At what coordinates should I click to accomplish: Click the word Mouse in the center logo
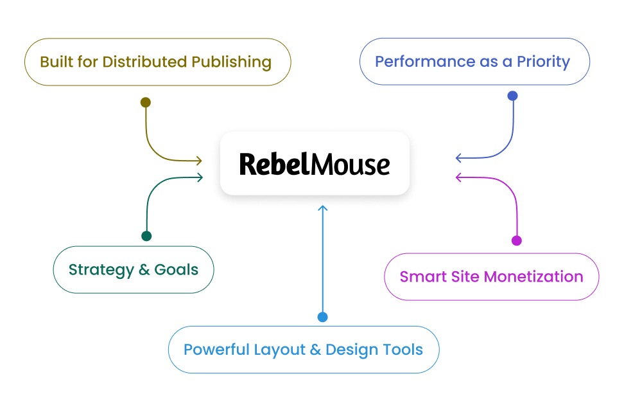[351, 164]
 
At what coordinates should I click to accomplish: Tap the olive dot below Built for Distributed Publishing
[146, 102]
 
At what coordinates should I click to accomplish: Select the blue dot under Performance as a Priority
[512, 96]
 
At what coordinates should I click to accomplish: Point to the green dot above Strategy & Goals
[146, 236]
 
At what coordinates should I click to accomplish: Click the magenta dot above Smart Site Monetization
[516, 240]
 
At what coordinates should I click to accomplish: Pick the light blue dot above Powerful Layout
[323, 317]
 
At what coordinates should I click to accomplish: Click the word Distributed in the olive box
[144, 62]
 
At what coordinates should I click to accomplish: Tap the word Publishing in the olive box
[231, 62]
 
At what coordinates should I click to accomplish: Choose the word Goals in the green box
[177, 270]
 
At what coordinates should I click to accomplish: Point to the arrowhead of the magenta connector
[458, 177]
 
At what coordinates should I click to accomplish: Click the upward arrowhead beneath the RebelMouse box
[323, 207]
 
